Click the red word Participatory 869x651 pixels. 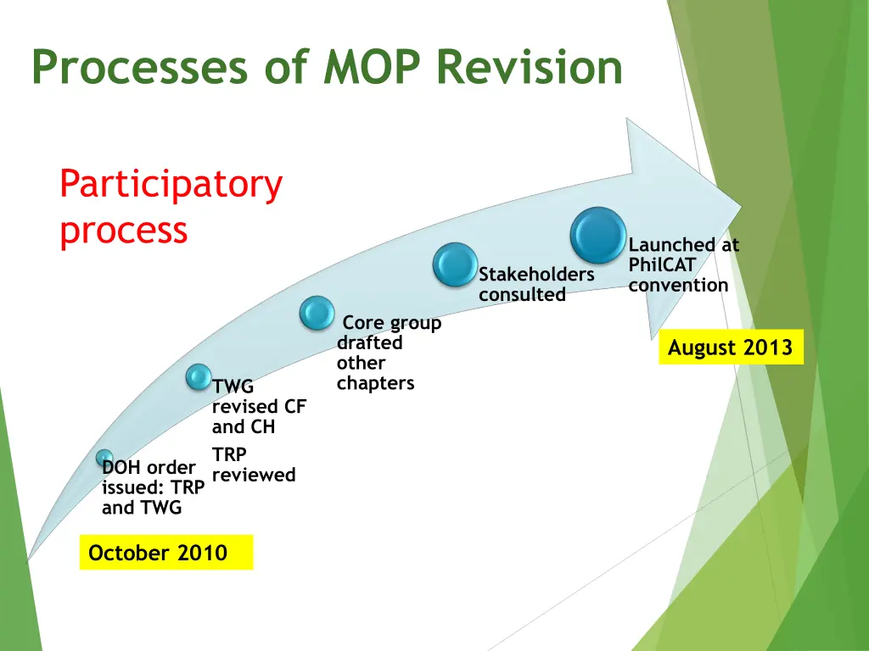click(x=171, y=185)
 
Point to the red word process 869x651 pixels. click(x=123, y=230)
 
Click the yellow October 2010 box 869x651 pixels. click(x=166, y=553)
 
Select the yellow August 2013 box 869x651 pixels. click(x=731, y=348)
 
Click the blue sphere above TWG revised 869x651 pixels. click(x=199, y=377)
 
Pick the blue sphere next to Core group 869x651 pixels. click(x=317, y=314)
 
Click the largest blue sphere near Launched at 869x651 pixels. click(x=598, y=235)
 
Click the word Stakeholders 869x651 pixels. click(x=536, y=275)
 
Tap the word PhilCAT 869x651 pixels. click(x=662, y=265)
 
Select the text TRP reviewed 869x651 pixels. click(x=253, y=465)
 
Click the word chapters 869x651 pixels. click(x=375, y=383)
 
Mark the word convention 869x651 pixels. click(x=678, y=285)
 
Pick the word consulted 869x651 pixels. click(x=522, y=295)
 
